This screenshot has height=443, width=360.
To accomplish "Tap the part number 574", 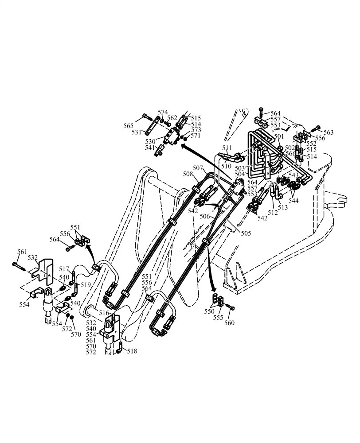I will tap(163, 112).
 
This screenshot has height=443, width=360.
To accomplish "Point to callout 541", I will tap(150, 148).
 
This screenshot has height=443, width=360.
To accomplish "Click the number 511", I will tap(227, 148).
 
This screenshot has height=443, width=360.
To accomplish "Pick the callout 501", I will tap(278, 136).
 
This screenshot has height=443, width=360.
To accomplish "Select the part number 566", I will tap(290, 153).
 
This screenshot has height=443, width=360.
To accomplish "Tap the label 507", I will tap(198, 168).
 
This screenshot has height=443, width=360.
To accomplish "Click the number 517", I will tap(64, 269).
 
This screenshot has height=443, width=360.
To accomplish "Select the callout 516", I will tap(104, 313).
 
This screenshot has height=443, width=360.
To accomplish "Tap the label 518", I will tap(132, 351).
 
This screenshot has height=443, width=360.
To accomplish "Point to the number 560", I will tap(229, 323).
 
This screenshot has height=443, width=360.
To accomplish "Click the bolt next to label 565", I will tap(148, 118).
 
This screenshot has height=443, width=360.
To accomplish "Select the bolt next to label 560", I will tap(230, 307).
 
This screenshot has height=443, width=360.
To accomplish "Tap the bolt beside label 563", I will tap(316, 129).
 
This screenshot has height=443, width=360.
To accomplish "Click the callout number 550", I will tap(208, 312).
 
